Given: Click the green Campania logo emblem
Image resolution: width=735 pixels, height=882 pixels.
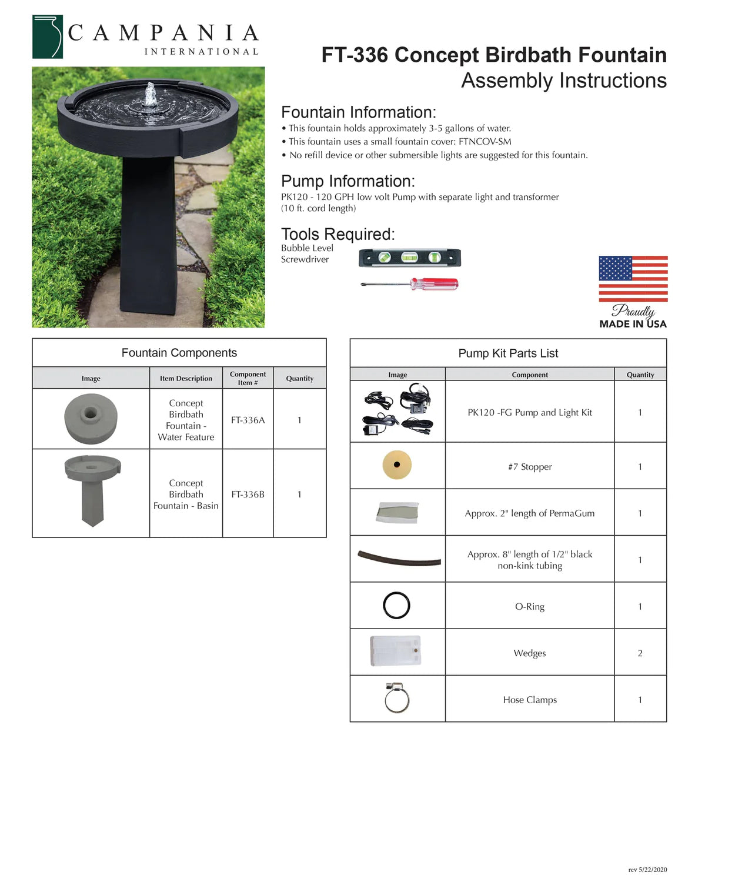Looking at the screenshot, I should coord(48,37).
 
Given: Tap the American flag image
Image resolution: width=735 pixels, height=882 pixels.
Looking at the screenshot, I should coord(633,279).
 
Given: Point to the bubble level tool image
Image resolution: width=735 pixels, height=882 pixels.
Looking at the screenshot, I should coord(410,258).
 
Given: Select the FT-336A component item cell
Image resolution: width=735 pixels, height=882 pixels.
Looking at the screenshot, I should coord(248,420).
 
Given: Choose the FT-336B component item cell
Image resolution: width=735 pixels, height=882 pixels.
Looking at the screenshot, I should coord(248,495).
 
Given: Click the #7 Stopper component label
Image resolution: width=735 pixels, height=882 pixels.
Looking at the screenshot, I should coord(530,467).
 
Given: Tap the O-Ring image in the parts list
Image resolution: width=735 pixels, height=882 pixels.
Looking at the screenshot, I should coord(397,606).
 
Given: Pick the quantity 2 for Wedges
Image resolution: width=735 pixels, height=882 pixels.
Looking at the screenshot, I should coord(640,653).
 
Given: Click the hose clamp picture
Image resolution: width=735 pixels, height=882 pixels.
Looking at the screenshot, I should coord(397,698).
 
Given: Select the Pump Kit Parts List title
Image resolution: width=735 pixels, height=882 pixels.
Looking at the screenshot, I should coord(508,353).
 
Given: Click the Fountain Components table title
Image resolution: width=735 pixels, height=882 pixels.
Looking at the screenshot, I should coord(179,353).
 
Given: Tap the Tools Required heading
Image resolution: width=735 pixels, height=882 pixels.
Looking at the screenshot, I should coord(338,234).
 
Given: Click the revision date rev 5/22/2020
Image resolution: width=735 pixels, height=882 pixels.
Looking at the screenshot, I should coord(647,870).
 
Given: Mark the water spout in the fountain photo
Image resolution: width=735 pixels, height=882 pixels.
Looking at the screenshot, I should coord(151,95).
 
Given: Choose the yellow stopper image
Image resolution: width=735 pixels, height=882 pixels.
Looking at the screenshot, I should coord(397,465).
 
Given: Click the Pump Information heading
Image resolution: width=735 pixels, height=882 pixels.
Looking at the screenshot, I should coord(348,181).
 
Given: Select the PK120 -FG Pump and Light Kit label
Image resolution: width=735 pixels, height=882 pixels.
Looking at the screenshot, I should coord(530,413).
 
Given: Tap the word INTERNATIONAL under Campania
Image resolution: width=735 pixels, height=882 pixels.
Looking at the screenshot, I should coord(201,52).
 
